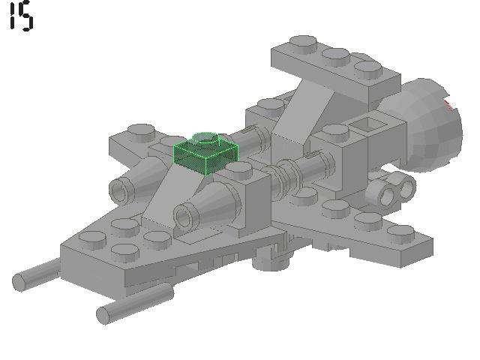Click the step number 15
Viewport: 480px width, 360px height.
tap(21, 16)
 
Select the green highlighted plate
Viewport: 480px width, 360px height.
tap(205, 152)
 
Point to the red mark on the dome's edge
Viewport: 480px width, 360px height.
tap(449, 103)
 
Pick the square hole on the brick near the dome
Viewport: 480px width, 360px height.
tap(367, 124)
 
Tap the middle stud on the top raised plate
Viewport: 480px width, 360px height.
tap(335, 56)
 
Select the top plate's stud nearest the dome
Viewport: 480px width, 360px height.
tap(368, 70)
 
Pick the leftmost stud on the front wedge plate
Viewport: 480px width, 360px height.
tap(91, 239)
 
